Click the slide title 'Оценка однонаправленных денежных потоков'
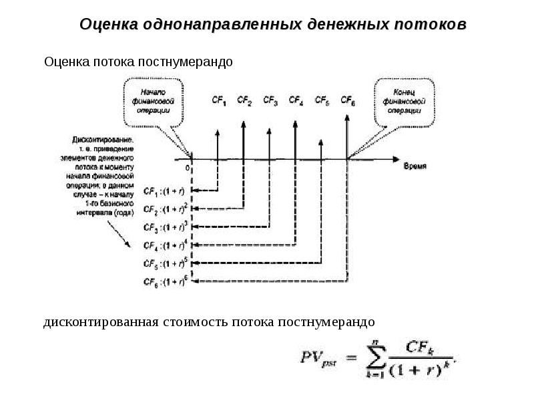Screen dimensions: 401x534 (273, 24)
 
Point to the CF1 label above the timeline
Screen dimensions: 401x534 (219, 101)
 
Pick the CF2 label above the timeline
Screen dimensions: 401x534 (245, 101)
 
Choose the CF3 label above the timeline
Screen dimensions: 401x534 (270, 101)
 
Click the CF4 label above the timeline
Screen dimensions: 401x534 (296, 101)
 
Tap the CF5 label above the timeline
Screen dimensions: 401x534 (322, 101)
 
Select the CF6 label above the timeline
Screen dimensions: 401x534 (348, 101)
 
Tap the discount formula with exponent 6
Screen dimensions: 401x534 (166, 280)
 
